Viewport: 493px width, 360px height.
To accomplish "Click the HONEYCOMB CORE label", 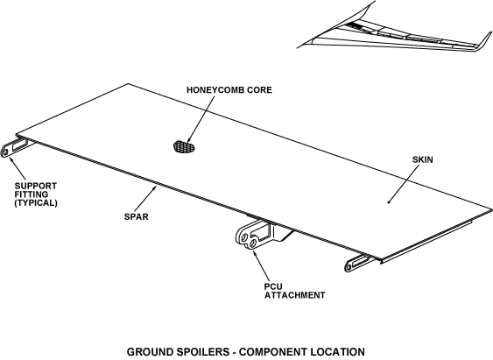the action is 229,90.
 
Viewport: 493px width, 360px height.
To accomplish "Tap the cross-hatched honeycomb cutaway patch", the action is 184,147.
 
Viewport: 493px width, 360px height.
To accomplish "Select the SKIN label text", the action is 423,159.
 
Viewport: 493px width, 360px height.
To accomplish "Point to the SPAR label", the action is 136,216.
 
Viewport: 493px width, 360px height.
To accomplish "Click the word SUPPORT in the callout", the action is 36,186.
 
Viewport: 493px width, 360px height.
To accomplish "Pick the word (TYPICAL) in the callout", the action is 36,203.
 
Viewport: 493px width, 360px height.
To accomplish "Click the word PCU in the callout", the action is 273,286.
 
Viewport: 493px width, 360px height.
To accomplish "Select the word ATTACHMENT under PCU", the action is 294,295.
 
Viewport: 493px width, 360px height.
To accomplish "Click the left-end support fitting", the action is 15,147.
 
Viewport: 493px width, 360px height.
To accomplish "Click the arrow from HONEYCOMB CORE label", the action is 201,120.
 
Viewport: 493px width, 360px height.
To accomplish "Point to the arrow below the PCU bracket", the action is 261,265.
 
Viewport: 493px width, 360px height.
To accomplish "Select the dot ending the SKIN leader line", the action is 389,202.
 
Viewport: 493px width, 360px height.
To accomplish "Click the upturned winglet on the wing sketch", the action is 483,41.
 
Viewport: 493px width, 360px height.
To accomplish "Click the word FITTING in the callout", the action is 32,194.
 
